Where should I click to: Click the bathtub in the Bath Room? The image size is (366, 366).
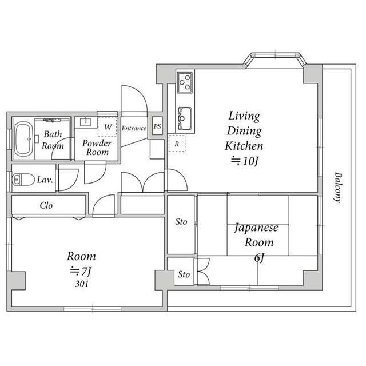pyautogui.click(x=23, y=140)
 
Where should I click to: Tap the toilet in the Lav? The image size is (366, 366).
pyautogui.click(x=23, y=180)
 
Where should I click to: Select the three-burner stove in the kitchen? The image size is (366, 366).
pyautogui.click(x=185, y=82)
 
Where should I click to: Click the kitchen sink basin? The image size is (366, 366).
pyautogui.click(x=185, y=118)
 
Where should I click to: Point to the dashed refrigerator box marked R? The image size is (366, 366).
pyautogui.click(x=177, y=144)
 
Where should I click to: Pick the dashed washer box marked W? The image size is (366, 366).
pyautogui.click(x=108, y=127)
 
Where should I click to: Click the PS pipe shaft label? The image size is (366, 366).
pyautogui.click(x=157, y=126)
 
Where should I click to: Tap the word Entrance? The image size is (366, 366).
pyautogui.click(x=134, y=128)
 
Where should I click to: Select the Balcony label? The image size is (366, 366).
pyautogui.click(x=338, y=188)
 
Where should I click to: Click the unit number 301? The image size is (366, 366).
pyautogui.click(x=82, y=284)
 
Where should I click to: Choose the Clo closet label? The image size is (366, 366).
pyautogui.click(x=46, y=205)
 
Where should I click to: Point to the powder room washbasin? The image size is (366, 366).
pyautogui.click(x=85, y=122)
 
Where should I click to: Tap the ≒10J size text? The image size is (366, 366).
pyautogui.click(x=245, y=161)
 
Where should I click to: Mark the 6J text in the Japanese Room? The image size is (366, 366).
pyautogui.click(x=259, y=258)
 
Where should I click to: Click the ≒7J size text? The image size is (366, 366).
pyautogui.click(x=81, y=270)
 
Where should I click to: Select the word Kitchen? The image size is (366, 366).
pyautogui.click(x=244, y=146)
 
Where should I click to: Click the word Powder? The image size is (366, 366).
pyautogui.click(x=97, y=143)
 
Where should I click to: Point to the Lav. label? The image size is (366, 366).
pyautogui.click(x=45, y=180)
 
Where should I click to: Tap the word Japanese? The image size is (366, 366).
pyautogui.click(x=256, y=228)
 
